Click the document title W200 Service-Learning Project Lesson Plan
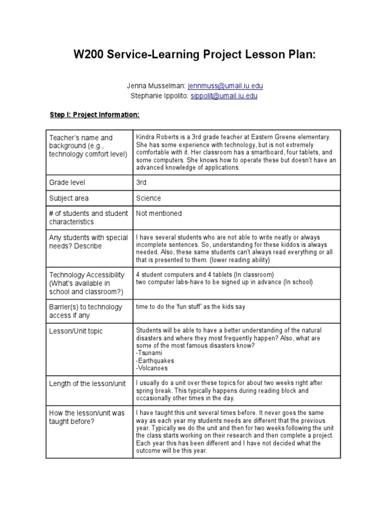click(x=194, y=55)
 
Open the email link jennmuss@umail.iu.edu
click(x=225, y=86)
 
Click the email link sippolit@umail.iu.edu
click(x=224, y=96)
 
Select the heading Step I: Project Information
click(x=94, y=115)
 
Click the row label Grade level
click(x=67, y=182)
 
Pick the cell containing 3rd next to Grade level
click(x=141, y=182)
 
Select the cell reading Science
click(x=148, y=198)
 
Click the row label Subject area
click(x=69, y=198)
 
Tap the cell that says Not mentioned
click(x=158, y=214)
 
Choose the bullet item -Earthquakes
click(x=155, y=361)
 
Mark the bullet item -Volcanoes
click(x=152, y=368)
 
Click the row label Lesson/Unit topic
click(x=76, y=331)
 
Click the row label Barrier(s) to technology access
click(x=85, y=311)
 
